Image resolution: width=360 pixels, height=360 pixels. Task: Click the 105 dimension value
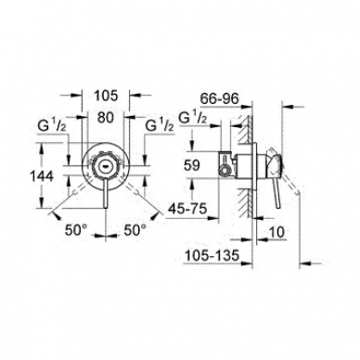pyautogui.click(x=106, y=96)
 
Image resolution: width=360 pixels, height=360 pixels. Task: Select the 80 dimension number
pyautogui.click(x=106, y=118)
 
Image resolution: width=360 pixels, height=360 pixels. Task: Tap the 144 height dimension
pyautogui.click(x=42, y=176)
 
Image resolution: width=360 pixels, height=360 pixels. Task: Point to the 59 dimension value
pyautogui.click(x=192, y=165)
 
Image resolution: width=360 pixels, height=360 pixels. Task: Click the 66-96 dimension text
pyautogui.click(x=220, y=98)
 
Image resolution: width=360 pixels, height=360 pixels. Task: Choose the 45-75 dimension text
pyautogui.click(x=187, y=210)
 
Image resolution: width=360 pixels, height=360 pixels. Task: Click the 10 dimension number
pyautogui.click(x=276, y=232)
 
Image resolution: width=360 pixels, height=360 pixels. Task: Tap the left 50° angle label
pyautogui.click(x=76, y=230)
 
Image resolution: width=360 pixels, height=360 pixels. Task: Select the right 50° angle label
pyautogui.click(x=135, y=230)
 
